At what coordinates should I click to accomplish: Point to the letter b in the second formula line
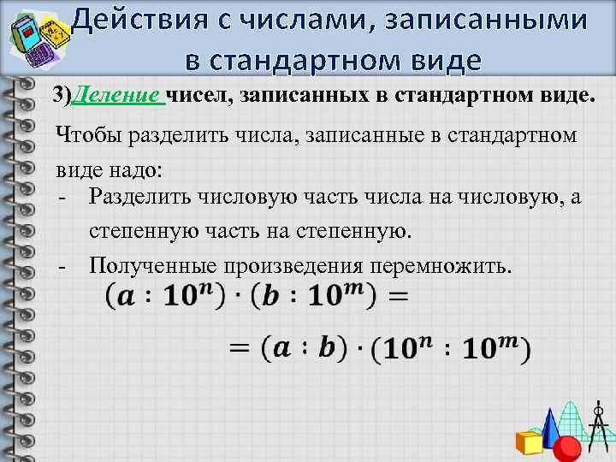327,348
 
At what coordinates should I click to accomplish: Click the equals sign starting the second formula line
241,348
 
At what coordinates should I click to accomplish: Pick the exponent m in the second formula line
512,341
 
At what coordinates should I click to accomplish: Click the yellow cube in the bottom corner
530,443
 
